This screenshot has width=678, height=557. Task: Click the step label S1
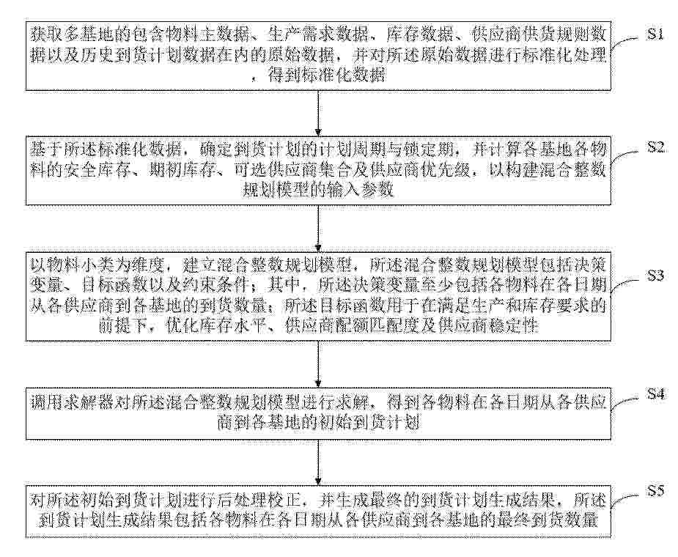click(x=655, y=34)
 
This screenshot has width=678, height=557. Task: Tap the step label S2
click(x=655, y=147)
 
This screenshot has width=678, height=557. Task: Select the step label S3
click(x=655, y=275)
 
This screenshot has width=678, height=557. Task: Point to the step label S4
click(x=655, y=394)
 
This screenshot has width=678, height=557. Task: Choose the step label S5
click(x=655, y=491)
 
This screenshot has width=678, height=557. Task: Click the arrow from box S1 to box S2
click(x=318, y=113)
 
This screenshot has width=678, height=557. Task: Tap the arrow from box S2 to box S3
click(x=318, y=229)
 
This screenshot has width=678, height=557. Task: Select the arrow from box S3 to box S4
click(x=318, y=364)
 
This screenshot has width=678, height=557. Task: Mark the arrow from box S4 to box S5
click(x=318, y=462)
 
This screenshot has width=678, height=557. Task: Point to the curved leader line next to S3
click(x=625, y=286)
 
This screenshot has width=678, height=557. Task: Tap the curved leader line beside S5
click(x=625, y=500)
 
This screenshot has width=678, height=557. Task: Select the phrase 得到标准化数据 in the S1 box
click(x=327, y=75)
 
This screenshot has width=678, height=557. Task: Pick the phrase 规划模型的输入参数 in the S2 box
click(x=318, y=191)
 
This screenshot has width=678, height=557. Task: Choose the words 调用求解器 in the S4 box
click(x=72, y=402)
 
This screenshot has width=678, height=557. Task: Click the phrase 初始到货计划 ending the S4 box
click(x=369, y=422)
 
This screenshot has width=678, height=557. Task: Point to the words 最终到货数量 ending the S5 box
click(x=548, y=520)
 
